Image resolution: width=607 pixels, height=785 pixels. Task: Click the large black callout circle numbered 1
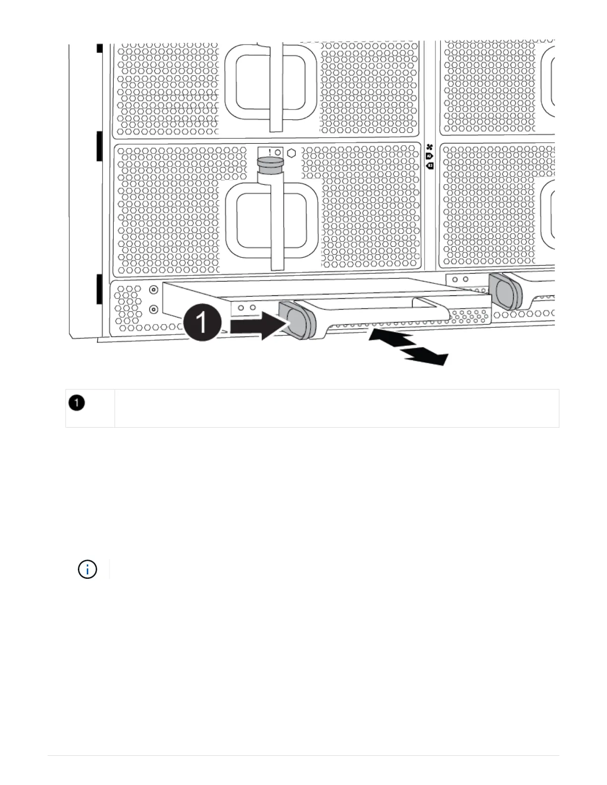pos(202,323)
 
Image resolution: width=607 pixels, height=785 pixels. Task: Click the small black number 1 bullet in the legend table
pos(76,403)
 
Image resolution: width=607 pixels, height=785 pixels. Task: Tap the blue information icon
pos(87,569)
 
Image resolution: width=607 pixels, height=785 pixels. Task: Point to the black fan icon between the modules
pos(429,147)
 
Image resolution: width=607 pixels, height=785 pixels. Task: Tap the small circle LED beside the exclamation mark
pos(278,152)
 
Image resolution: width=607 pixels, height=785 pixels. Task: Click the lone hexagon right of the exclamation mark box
pos(292,153)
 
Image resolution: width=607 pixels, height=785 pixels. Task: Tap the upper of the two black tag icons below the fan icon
pos(429,156)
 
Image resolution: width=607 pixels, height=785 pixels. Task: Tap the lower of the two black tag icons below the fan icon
pos(430,166)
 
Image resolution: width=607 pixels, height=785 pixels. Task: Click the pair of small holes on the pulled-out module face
pos(246,307)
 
